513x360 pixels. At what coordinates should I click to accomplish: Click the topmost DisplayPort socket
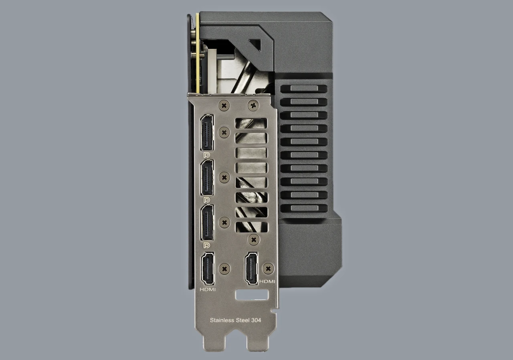pos(207,133)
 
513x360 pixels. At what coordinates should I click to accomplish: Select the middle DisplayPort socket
pos(207,178)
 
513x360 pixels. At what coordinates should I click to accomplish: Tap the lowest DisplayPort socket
pos(207,223)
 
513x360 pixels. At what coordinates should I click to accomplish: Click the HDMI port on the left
pos(208,269)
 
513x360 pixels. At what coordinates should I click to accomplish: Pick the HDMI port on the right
pos(251,269)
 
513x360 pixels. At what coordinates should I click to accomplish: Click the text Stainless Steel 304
pos(235,320)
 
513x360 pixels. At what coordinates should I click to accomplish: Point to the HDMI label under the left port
pos(208,290)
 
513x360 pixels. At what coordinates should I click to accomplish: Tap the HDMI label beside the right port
pos(267,281)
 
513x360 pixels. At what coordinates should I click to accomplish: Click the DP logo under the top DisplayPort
pos(206,155)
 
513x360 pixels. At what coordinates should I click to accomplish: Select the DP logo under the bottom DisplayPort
pos(206,245)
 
